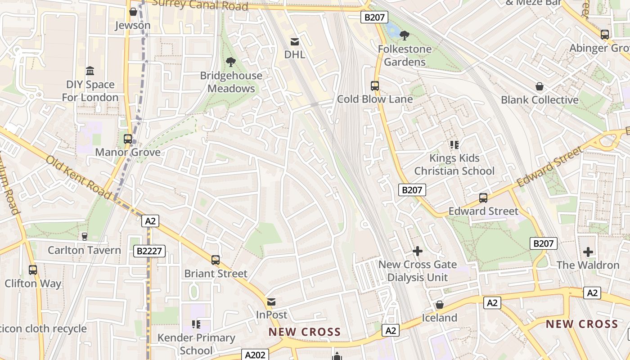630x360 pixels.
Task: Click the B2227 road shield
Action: pyautogui.click(x=149, y=251)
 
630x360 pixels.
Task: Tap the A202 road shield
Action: pyautogui.click(x=255, y=355)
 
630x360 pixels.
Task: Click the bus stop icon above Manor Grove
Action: pyautogui.click(x=128, y=139)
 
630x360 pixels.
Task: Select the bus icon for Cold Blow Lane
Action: pyautogui.click(x=374, y=86)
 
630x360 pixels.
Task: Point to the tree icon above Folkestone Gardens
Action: pyautogui.click(x=405, y=35)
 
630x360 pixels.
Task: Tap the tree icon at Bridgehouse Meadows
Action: pyautogui.click(x=231, y=62)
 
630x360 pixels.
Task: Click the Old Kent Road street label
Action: pyautogui.click(x=78, y=177)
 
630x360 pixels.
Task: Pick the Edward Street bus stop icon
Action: pyautogui.click(x=483, y=198)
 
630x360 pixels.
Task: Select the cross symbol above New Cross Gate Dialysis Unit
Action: pyautogui.click(x=418, y=251)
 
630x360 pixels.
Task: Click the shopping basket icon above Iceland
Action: pyautogui.click(x=440, y=305)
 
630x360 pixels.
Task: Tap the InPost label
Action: pyautogui.click(x=271, y=315)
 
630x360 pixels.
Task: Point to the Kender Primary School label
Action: pyautogui.click(x=196, y=344)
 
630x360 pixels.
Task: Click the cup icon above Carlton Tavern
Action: pyautogui.click(x=84, y=236)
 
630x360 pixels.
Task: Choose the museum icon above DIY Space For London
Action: pyautogui.click(x=90, y=71)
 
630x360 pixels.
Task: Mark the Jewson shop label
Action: pyautogui.click(x=133, y=25)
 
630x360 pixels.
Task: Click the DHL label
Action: pyautogui.click(x=295, y=54)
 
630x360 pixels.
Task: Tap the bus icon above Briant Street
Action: pyautogui.click(x=216, y=260)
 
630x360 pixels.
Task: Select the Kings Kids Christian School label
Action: pyautogui.click(x=454, y=164)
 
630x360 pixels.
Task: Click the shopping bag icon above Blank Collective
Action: pyautogui.click(x=539, y=86)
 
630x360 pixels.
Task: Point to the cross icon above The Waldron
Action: pyautogui.click(x=588, y=252)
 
